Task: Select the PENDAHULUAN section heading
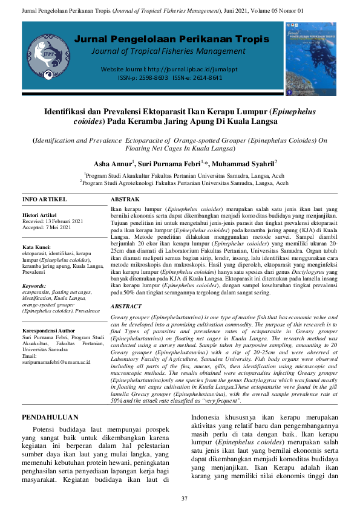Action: click(x=50, y=400)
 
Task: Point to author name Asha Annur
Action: click(x=113, y=163)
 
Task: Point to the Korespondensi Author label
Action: click(x=48, y=331)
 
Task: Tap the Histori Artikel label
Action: click(x=39, y=215)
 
